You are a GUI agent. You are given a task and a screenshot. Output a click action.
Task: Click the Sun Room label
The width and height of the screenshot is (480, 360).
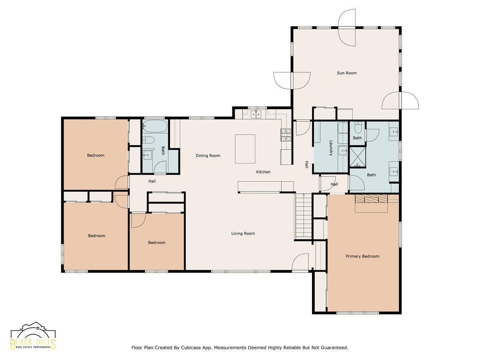click(x=347, y=73)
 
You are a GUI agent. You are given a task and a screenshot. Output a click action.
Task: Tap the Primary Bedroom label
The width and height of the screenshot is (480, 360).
click(x=362, y=256)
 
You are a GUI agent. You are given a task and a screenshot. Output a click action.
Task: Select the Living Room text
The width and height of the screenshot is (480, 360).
click(x=243, y=234)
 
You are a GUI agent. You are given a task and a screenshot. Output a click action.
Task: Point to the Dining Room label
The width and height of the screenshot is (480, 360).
click(x=208, y=156)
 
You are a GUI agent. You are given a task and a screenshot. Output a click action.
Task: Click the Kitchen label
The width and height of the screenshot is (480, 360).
click(x=263, y=172)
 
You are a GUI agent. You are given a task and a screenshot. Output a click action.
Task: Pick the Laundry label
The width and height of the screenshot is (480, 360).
click(x=331, y=148)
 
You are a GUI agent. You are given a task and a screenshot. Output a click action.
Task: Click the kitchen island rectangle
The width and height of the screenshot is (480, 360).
click(x=245, y=149)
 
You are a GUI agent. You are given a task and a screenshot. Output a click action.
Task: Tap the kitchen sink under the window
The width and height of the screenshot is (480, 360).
click(x=256, y=114)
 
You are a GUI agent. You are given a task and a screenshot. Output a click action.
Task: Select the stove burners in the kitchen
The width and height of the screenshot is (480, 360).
click(x=286, y=135)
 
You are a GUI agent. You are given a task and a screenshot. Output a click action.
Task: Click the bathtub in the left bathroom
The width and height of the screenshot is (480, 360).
click(x=155, y=126)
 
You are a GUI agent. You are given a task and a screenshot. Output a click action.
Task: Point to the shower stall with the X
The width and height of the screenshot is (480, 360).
click(x=358, y=157)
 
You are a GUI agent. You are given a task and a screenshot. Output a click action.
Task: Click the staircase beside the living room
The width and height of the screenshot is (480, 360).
click(x=304, y=216)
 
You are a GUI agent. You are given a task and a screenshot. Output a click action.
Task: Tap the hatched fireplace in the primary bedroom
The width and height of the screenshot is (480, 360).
click(x=371, y=199)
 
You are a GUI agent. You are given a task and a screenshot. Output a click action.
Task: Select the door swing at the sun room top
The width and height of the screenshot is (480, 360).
click(x=347, y=28)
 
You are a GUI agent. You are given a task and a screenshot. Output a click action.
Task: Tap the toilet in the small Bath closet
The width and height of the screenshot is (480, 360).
click(x=358, y=128)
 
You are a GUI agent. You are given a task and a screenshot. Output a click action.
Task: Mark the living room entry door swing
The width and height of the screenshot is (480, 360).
click(x=300, y=262)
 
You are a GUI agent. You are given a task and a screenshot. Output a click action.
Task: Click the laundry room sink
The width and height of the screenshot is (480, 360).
click(x=343, y=150)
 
